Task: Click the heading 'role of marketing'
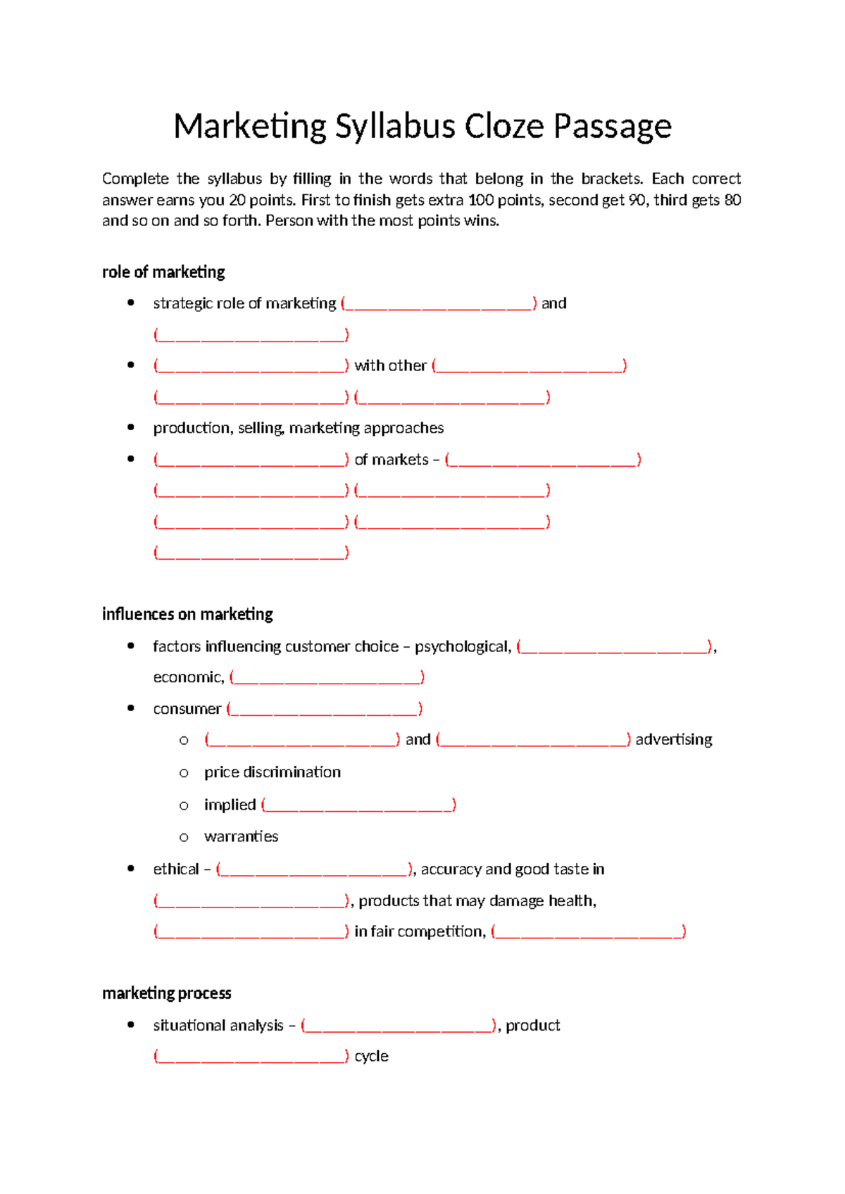[163, 272]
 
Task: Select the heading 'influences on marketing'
[187, 615]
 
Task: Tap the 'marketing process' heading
[167, 993]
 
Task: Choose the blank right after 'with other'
[530, 366]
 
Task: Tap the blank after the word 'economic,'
[327, 678]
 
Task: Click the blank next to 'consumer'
[325, 709]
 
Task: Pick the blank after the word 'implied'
[358, 805]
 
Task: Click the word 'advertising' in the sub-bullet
[674, 740]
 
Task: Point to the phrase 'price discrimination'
[273, 772]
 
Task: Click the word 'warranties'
[241, 837]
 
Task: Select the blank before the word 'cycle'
[251, 1057]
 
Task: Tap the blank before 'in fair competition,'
[251, 932]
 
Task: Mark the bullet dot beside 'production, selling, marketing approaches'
[131, 427]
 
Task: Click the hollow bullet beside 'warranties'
[184, 838]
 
